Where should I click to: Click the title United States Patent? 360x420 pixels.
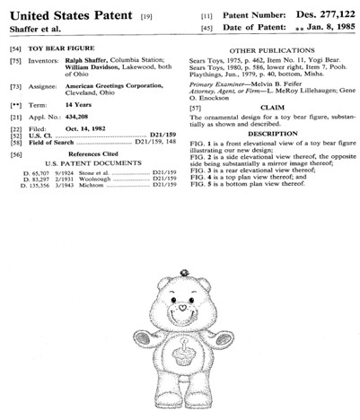(67, 13)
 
